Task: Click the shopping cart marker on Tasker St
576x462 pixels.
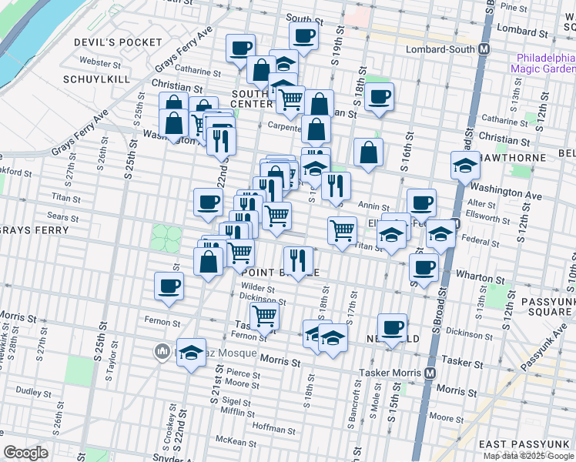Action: coord(264,314)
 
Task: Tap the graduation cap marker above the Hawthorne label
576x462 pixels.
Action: coord(464,165)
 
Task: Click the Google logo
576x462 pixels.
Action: coord(25,453)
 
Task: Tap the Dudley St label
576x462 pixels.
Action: coord(33,391)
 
